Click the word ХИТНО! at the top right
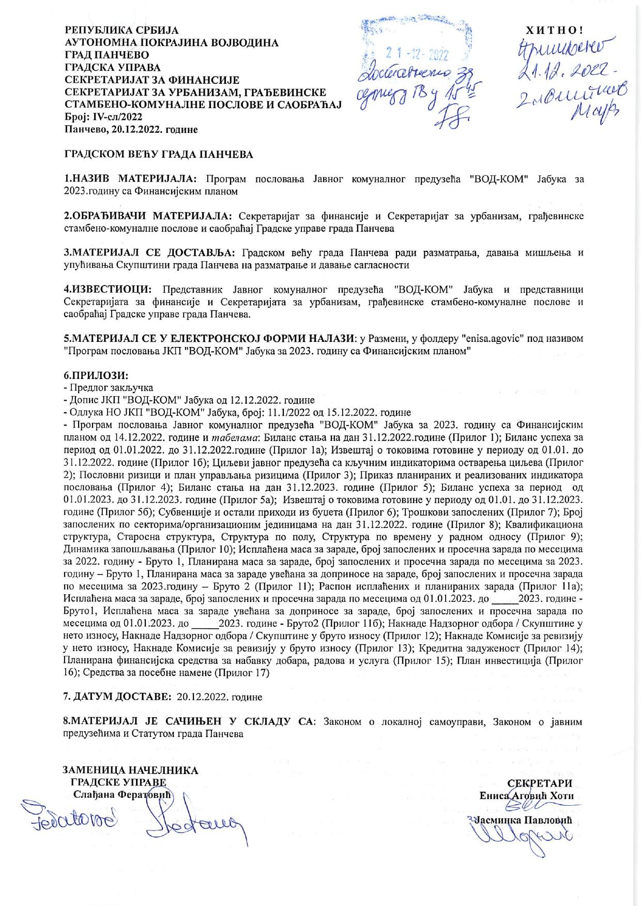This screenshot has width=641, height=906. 554,29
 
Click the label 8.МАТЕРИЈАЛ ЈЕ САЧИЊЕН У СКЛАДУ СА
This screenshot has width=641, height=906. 188,722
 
